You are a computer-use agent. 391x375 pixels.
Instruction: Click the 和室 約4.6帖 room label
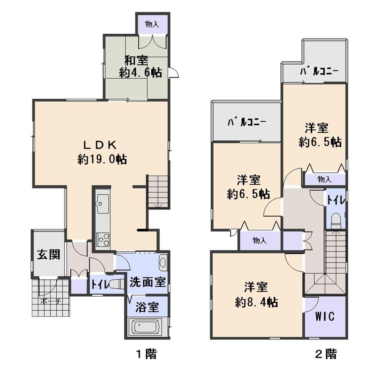tap(140, 67)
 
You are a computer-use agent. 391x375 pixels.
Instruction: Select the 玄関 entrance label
tap(48, 255)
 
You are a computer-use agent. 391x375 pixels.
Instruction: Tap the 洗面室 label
tap(148, 282)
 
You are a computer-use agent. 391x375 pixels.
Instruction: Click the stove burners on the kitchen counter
tap(103, 238)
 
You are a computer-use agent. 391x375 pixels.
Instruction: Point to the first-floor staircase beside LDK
tap(158, 192)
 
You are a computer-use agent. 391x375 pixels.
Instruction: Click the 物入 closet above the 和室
tap(152, 24)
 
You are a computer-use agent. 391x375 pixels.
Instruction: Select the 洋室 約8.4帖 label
tap(256, 294)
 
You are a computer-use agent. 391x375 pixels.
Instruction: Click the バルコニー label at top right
tap(319, 72)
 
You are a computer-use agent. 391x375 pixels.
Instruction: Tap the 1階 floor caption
tap(146, 354)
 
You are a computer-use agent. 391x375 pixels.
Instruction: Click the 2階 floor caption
tap(326, 354)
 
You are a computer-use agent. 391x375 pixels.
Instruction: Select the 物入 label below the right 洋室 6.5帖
tap(325, 179)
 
